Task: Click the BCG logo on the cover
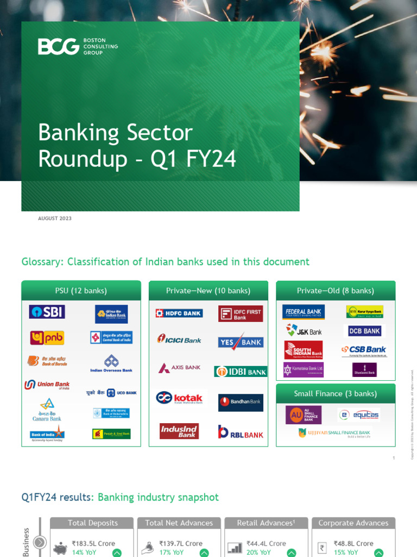pyautogui.click(x=78, y=47)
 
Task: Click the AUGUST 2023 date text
pyautogui.click(x=55, y=218)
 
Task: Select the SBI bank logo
pyautogui.click(x=47, y=312)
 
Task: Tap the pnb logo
pyautogui.click(x=47, y=338)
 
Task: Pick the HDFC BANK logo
pyautogui.click(x=179, y=313)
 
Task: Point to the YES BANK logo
pyautogui.click(x=241, y=342)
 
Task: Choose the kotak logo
pyautogui.click(x=179, y=398)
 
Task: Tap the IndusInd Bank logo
pyautogui.click(x=179, y=431)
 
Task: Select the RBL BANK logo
pyautogui.click(x=241, y=432)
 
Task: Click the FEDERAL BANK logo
pyautogui.click(x=304, y=312)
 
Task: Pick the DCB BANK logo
pyautogui.click(x=364, y=331)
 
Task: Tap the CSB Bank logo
pyautogui.click(x=364, y=350)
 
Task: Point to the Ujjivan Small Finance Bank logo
pyautogui.click(x=335, y=433)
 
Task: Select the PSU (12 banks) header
pyautogui.click(x=81, y=290)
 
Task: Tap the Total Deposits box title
pyautogui.click(x=92, y=523)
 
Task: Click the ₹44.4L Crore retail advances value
pyautogui.click(x=266, y=543)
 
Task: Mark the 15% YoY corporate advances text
pyautogui.click(x=346, y=552)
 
